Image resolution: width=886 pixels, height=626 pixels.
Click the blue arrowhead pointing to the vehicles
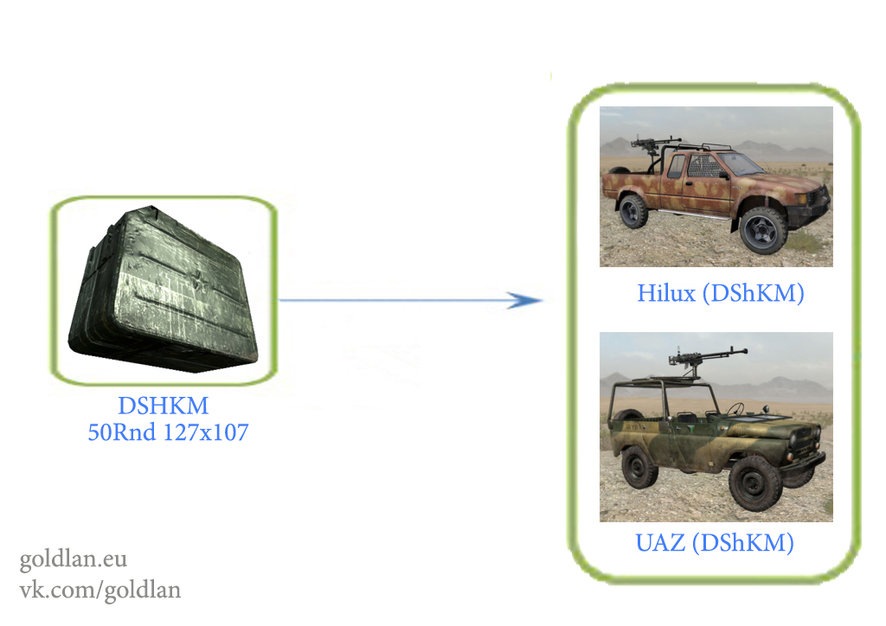[524, 300]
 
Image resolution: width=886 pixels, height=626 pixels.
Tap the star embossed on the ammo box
[198, 280]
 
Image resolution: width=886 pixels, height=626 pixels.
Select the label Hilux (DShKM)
[721, 293]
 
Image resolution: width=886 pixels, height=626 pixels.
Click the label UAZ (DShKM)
[715, 543]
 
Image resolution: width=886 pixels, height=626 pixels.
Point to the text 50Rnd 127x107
[168, 432]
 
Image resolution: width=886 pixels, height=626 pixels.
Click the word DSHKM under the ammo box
[164, 406]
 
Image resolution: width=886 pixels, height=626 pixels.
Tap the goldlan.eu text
[73, 559]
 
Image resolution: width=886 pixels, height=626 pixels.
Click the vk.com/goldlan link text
[100, 590]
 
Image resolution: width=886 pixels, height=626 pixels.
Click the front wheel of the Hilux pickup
[763, 230]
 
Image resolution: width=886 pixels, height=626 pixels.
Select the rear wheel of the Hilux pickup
[633, 211]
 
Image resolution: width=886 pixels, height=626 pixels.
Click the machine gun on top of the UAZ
[706, 357]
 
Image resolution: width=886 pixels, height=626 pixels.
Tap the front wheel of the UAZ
[755, 483]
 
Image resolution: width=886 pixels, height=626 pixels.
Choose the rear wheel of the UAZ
[639, 467]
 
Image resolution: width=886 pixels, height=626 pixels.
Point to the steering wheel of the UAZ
[735, 409]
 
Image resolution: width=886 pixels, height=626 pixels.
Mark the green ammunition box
[164, 290]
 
